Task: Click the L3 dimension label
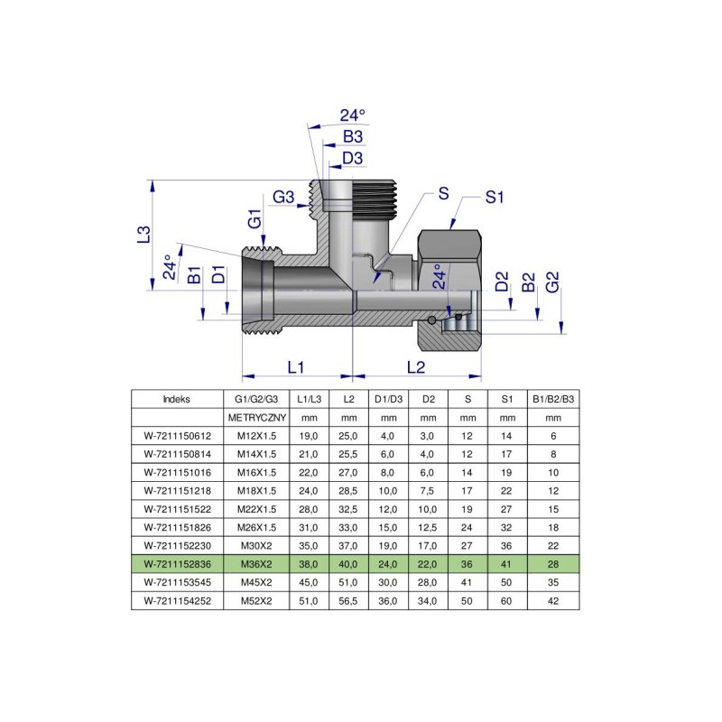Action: [143, 235]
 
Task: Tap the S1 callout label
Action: [494, 198]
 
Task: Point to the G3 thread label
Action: [284, 197]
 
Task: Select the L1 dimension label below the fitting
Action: [296, 367]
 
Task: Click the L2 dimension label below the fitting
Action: [416, 367]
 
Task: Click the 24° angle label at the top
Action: [352, 115]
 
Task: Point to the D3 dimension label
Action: [352, 159]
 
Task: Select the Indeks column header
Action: [176, 399]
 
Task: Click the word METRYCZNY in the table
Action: [256, 417]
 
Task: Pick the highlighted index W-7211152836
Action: [176, 562]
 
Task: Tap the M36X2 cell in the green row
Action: [256, 562]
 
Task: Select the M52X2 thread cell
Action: [256, 599]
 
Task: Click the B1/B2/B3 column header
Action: [553, 399]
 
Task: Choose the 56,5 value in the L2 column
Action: [348, 599]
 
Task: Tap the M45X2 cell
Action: [256, 581]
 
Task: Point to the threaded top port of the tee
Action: [353, 197]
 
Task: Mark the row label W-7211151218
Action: [176, 490]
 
